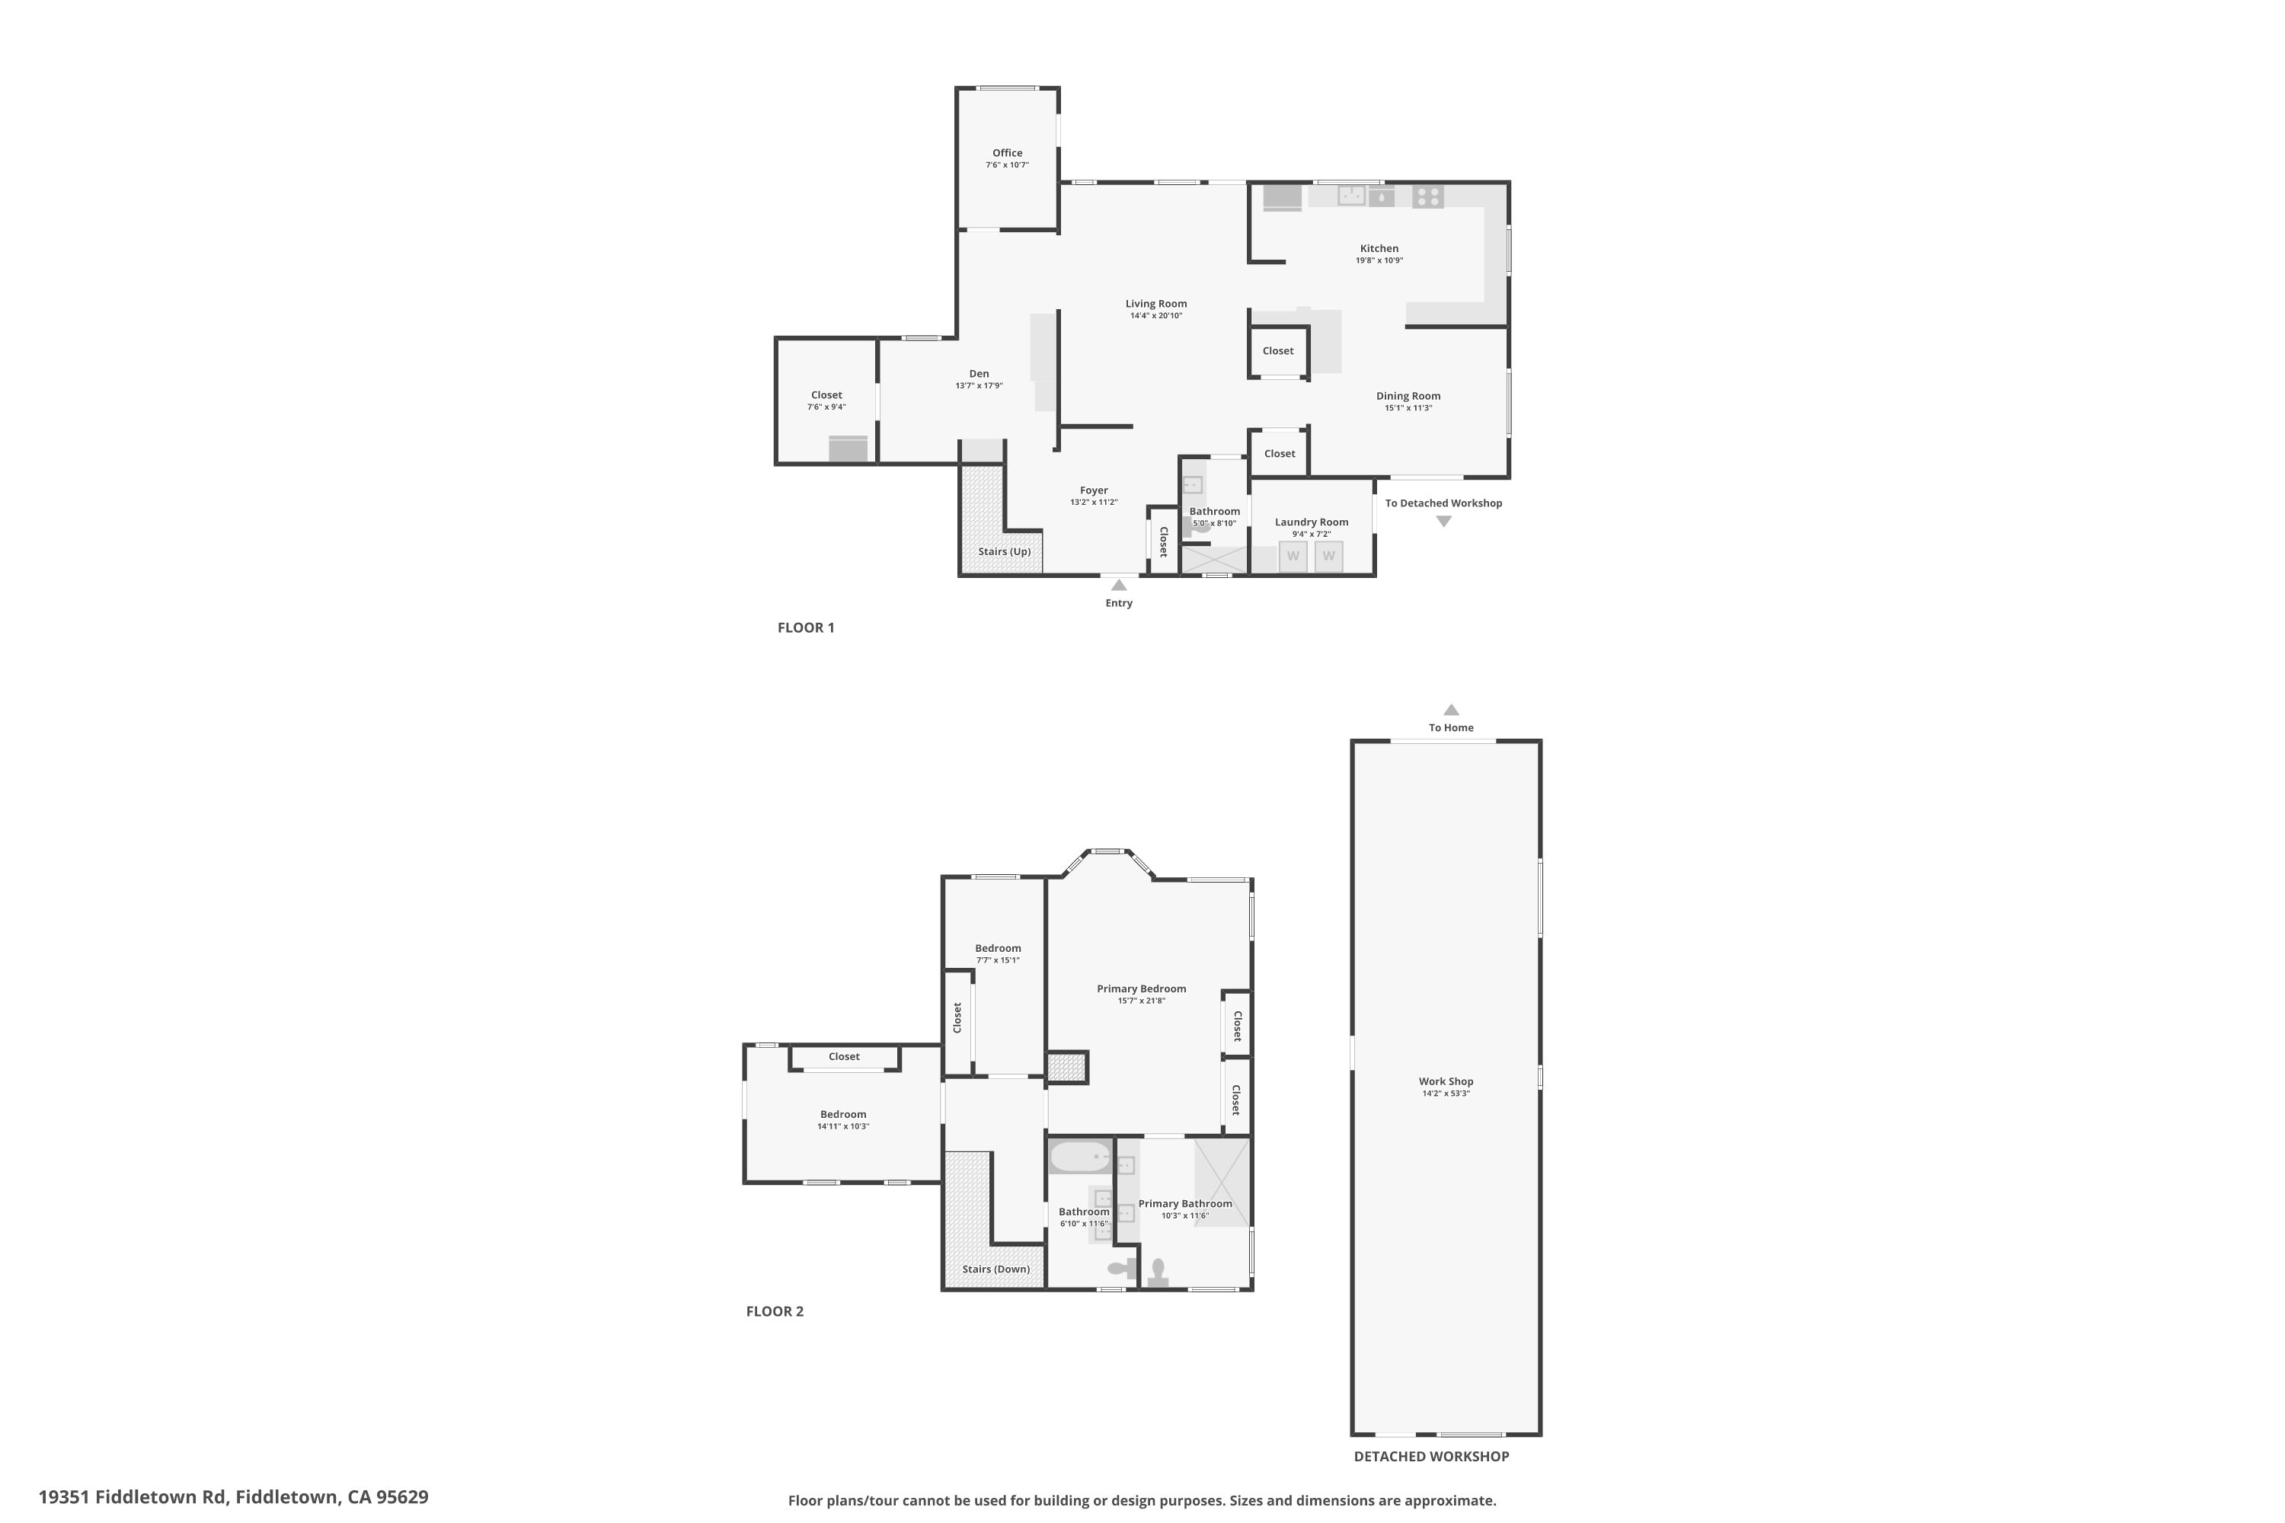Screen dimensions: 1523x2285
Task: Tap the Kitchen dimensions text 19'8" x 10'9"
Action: [1379, 260]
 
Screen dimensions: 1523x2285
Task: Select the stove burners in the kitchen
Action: [1427, 196]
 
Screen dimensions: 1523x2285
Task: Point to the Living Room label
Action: [1155, 303]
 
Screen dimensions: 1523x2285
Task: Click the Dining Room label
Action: [1408, 395]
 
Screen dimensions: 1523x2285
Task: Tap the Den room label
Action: [978, 373]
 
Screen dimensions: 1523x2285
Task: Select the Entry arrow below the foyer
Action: [1118, 585]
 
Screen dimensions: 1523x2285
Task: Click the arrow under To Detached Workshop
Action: [1443, 522]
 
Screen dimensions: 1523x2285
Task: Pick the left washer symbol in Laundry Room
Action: [1292, 557]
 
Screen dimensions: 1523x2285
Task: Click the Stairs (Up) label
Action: [1004, 551]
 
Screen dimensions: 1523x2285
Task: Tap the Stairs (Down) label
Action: [995, 1269]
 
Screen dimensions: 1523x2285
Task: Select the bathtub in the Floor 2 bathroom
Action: [1079, 1157]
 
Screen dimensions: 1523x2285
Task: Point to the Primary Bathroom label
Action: [1184, 1203]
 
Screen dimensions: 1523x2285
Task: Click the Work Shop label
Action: [1446, 1081]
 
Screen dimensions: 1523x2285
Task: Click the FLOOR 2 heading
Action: [775, 1311]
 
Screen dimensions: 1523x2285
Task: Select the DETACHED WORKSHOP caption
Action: [1430, 1456]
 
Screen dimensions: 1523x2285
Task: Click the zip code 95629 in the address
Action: [402, 1497]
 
